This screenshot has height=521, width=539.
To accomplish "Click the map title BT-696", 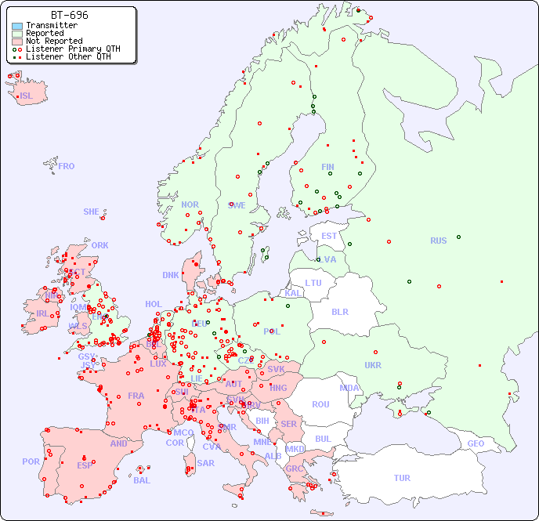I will coord(69,15).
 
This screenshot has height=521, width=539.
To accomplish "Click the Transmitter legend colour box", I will coord(17,25).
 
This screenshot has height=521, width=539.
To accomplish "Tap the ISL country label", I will coord(27,96).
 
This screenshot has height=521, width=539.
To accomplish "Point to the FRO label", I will coord(67,166).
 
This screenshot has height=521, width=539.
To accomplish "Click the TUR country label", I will coord(402,478).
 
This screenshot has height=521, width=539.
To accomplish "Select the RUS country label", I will coord(438,241).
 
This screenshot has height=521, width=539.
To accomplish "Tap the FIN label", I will coord(327,167).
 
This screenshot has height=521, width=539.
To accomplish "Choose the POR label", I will coord(31,461).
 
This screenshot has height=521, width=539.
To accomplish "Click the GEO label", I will coord(476,443).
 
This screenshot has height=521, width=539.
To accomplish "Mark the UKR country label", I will coord(373,365).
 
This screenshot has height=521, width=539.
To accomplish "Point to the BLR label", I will coord(339,311).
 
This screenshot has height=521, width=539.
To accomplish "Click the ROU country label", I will coord(320,404).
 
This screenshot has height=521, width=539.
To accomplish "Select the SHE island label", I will coord(92,212).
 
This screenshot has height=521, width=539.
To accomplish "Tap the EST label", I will coord(329,236).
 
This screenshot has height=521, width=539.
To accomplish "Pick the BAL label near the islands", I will coord(142,480).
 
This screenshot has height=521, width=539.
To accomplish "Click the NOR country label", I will coord(190,204).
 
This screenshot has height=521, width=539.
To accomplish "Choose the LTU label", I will coord(313,283).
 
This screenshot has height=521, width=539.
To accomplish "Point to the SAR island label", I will coord(206,462).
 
